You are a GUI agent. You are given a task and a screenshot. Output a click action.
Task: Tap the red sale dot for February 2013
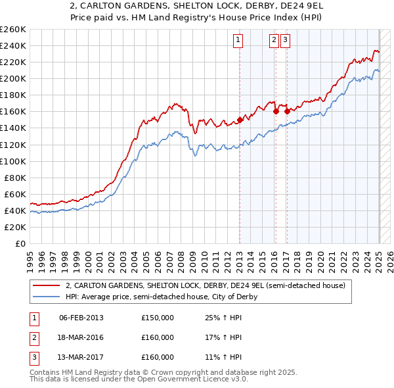240,120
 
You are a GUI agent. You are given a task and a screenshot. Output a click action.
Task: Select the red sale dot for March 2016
276,111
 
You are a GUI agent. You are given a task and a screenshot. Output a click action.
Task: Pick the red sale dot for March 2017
287,111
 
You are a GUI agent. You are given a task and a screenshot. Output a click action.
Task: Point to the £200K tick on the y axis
12,78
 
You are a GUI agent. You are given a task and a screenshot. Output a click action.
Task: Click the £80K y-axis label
14,178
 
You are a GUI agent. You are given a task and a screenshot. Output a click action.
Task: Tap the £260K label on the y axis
12,30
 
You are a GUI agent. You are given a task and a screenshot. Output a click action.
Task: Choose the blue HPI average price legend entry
162,297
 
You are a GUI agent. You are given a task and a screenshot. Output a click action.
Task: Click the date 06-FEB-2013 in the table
81,318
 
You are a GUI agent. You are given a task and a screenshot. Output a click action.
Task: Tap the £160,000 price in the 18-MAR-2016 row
158,337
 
